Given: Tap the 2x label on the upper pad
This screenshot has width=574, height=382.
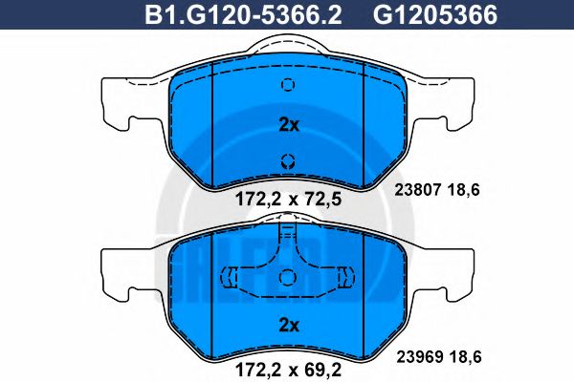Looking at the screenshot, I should tap(288, 124).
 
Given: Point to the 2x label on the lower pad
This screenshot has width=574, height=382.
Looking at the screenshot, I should tap(288, 326).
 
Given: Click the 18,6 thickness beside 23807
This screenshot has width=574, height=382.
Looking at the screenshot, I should tap(464, 189).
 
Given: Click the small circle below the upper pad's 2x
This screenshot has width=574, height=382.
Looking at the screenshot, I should tap(287, 159).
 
